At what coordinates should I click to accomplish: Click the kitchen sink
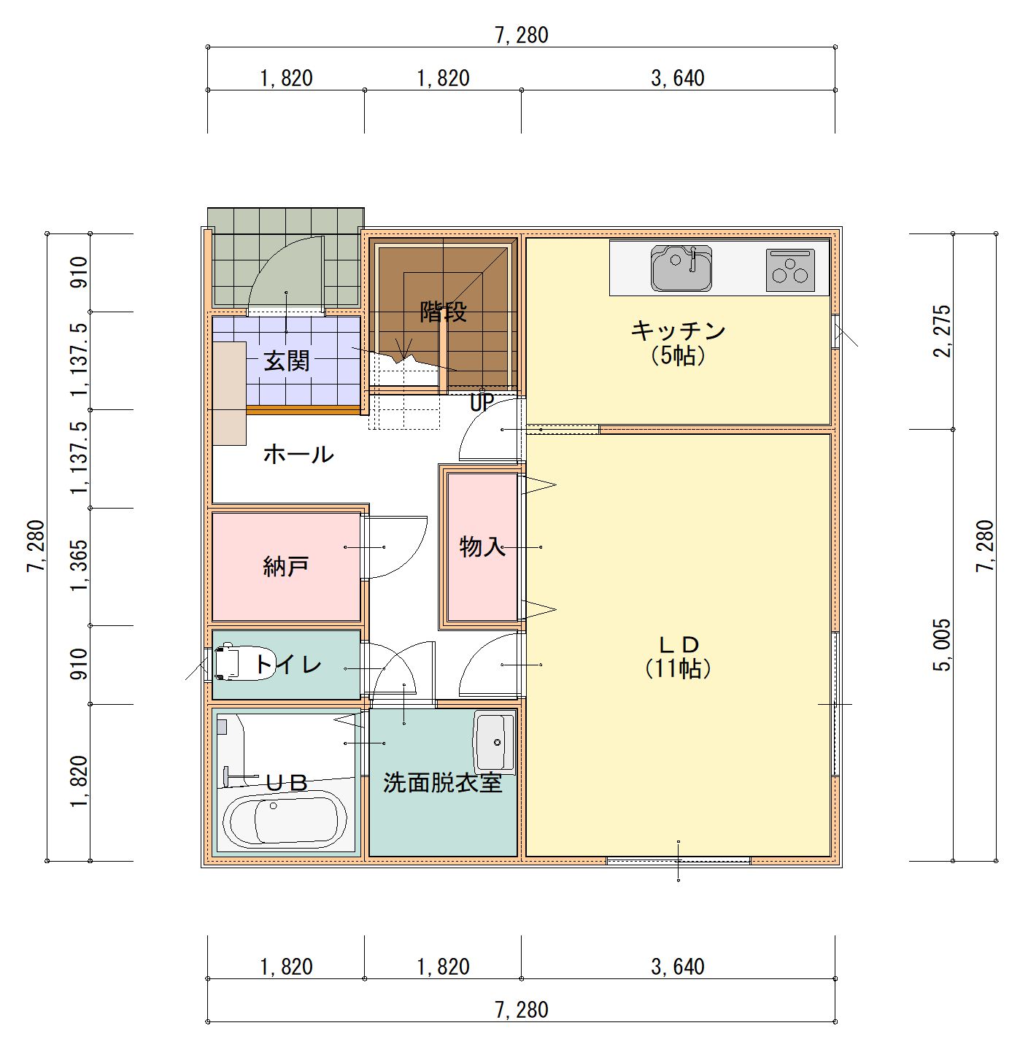[681, 268]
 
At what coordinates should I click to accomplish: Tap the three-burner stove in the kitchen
[790, 270]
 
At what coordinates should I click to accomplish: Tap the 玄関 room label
[286, 361]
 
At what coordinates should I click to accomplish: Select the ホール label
[298, 455]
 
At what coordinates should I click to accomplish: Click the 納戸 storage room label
[286, 566]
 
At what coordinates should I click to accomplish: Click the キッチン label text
[678, 331]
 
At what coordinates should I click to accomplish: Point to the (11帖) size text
[678, 668]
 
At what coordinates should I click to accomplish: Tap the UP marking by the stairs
[482, 403]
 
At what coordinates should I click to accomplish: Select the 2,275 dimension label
[942, 331]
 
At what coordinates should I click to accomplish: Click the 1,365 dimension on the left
[79, 565]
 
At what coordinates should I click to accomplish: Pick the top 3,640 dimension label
[678, 79]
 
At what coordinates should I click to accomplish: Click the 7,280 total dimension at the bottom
[521, 1010]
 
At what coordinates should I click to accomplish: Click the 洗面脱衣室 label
[442, 784]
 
